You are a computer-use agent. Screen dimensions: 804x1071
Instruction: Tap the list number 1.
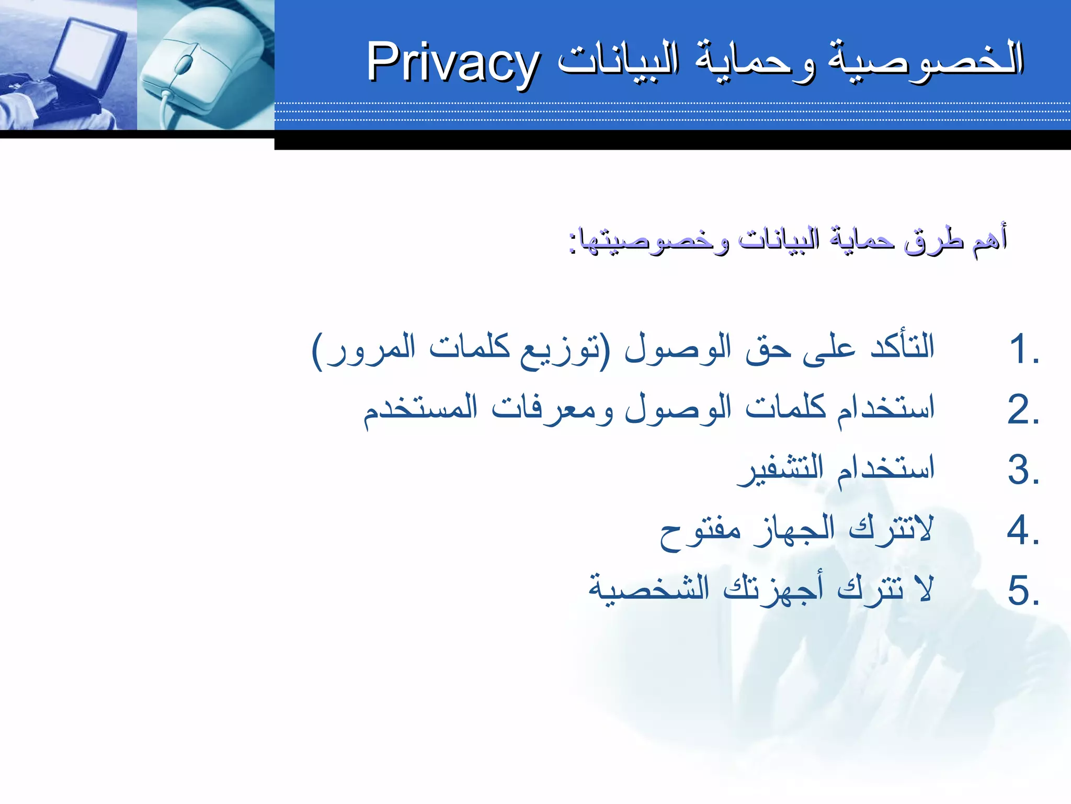[x=1023, y=350]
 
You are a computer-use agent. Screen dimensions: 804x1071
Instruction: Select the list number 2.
[x=1023, y=410]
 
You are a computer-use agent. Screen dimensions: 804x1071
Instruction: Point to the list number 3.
[x=1023, y=470]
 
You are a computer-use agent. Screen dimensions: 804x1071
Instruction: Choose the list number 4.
[x=1023, y=530]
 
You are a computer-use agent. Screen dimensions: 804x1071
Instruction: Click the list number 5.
[x=1023, y=590]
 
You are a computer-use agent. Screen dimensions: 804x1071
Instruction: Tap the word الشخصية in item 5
[x=649, y=589]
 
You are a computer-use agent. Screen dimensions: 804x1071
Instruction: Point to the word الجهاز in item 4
[x=795, y=529]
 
